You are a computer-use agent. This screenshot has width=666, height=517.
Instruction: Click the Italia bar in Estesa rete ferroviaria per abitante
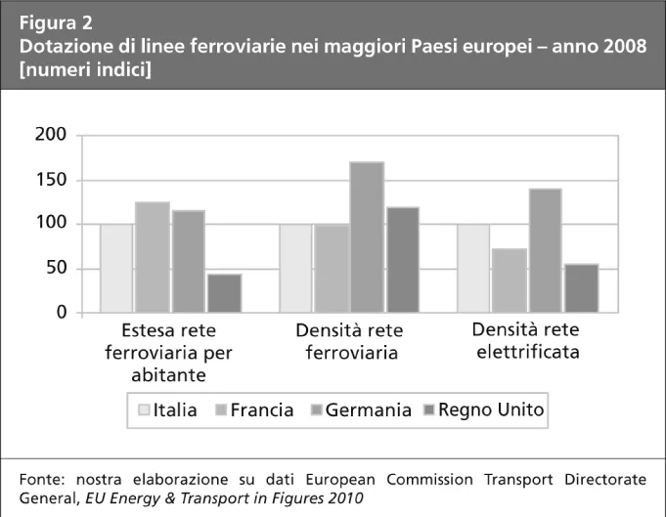pyautogui.click(x=117, y=268)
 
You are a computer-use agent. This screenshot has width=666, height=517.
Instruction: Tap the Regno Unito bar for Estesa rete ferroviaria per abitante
pyautogui.click(x=224, y=293)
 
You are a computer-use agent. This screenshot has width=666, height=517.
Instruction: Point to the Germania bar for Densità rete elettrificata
pyautogui.click(x=546, y=250)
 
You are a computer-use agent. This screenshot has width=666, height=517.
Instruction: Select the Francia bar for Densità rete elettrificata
pyautogui.click(x=510, y=280)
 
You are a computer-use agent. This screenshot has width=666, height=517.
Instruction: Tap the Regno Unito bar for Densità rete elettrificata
pyautogui.click(x=581, y=288)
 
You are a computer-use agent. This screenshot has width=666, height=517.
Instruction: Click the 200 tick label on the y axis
pyautogui.click(x=50, y=136)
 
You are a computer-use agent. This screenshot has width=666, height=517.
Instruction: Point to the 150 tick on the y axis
pyautogui.click(x=50, y=180)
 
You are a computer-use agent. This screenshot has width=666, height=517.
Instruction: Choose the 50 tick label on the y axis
pyautogui.click(x=56, y=269)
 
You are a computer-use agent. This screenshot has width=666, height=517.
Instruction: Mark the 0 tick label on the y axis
pyautogui.click(x=61, y=313)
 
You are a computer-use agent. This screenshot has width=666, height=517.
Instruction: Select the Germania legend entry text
pyautogui.click(x=369, y=410)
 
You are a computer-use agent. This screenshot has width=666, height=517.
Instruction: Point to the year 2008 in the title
pyautogui.click(x=622, y=46)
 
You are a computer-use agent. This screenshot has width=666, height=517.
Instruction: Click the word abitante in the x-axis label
pyautogui.click(x=169, y=373)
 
